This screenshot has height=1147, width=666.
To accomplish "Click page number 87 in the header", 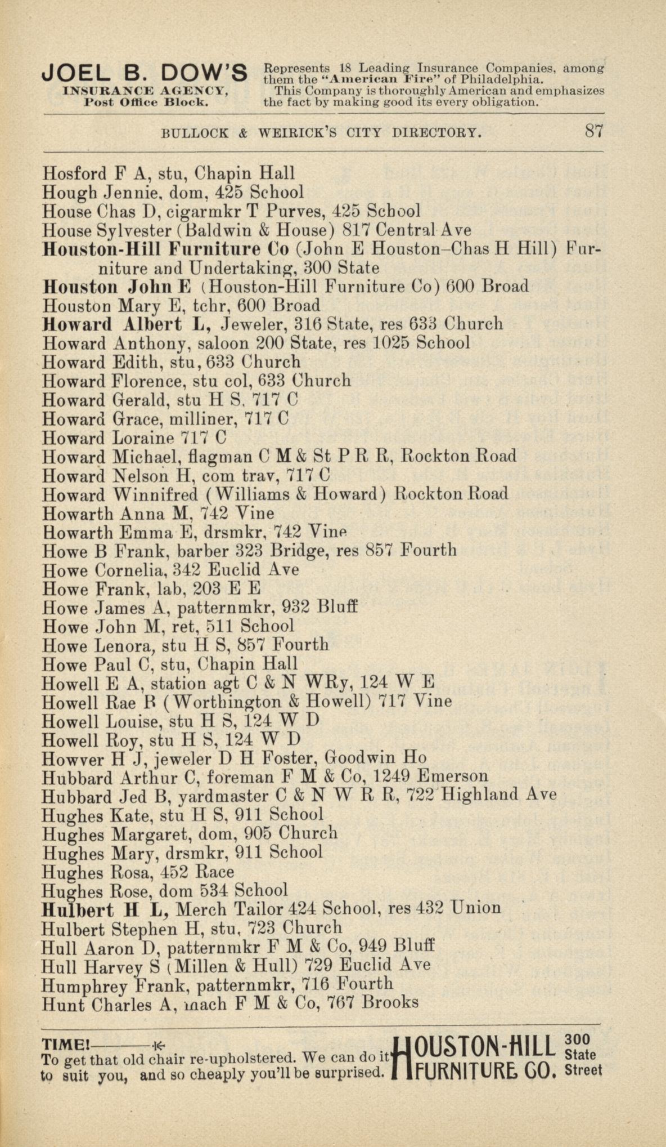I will [x=594, y=132].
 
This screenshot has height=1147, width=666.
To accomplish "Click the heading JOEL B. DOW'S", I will [x=145, y=73].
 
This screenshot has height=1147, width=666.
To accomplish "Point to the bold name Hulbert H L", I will [x=106, y=908].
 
